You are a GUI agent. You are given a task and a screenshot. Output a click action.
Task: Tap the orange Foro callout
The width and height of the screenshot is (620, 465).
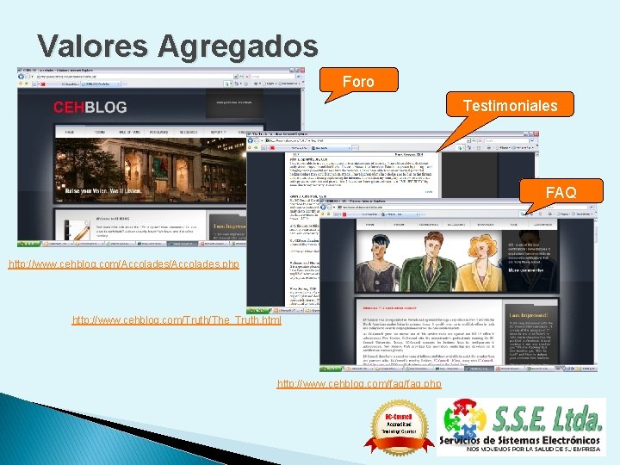click(x=358, y=82)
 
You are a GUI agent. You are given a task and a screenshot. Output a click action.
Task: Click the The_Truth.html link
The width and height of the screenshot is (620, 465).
click(x=177, y=320)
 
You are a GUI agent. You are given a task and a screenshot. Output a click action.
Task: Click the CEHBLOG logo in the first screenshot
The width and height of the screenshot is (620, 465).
click(x=90, y=108)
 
